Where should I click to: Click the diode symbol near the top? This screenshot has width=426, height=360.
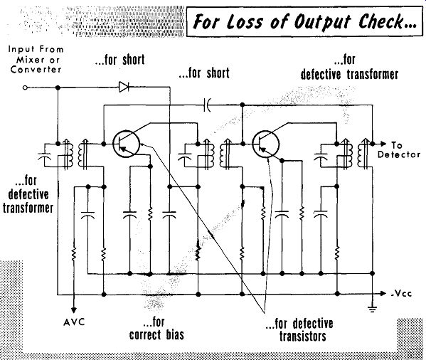coord(124,87)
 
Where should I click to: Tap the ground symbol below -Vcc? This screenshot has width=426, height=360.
coord(372,309)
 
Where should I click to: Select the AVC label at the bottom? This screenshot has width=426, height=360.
coord(74,322)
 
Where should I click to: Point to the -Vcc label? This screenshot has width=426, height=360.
coord(402,293)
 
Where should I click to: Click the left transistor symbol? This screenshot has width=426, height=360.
coord(126,144)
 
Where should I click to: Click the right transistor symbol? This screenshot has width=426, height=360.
coord(265,144)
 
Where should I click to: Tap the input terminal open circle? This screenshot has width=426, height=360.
coord(25,88)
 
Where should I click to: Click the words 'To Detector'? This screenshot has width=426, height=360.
coord(398,150)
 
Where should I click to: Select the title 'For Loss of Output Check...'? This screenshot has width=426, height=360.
coord(304,21)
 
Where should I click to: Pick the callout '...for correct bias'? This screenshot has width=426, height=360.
coord(156,329)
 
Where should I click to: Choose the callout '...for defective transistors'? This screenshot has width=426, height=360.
coord(300,330)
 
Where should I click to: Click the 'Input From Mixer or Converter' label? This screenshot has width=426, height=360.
coord(36,59)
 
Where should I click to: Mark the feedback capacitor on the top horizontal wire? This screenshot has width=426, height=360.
coord(207,105)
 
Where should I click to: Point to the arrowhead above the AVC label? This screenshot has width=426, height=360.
coord(74,309)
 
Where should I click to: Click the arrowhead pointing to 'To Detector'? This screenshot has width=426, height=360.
coord(383,144)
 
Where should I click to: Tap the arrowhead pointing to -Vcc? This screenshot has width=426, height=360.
coord(383,293)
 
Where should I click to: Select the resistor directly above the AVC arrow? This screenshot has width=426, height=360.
coord(74,254)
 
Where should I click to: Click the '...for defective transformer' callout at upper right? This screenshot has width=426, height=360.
coord(349,68)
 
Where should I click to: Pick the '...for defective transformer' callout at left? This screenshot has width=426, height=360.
coord(28,194)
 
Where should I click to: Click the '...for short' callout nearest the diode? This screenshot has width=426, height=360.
coord(119,60)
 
